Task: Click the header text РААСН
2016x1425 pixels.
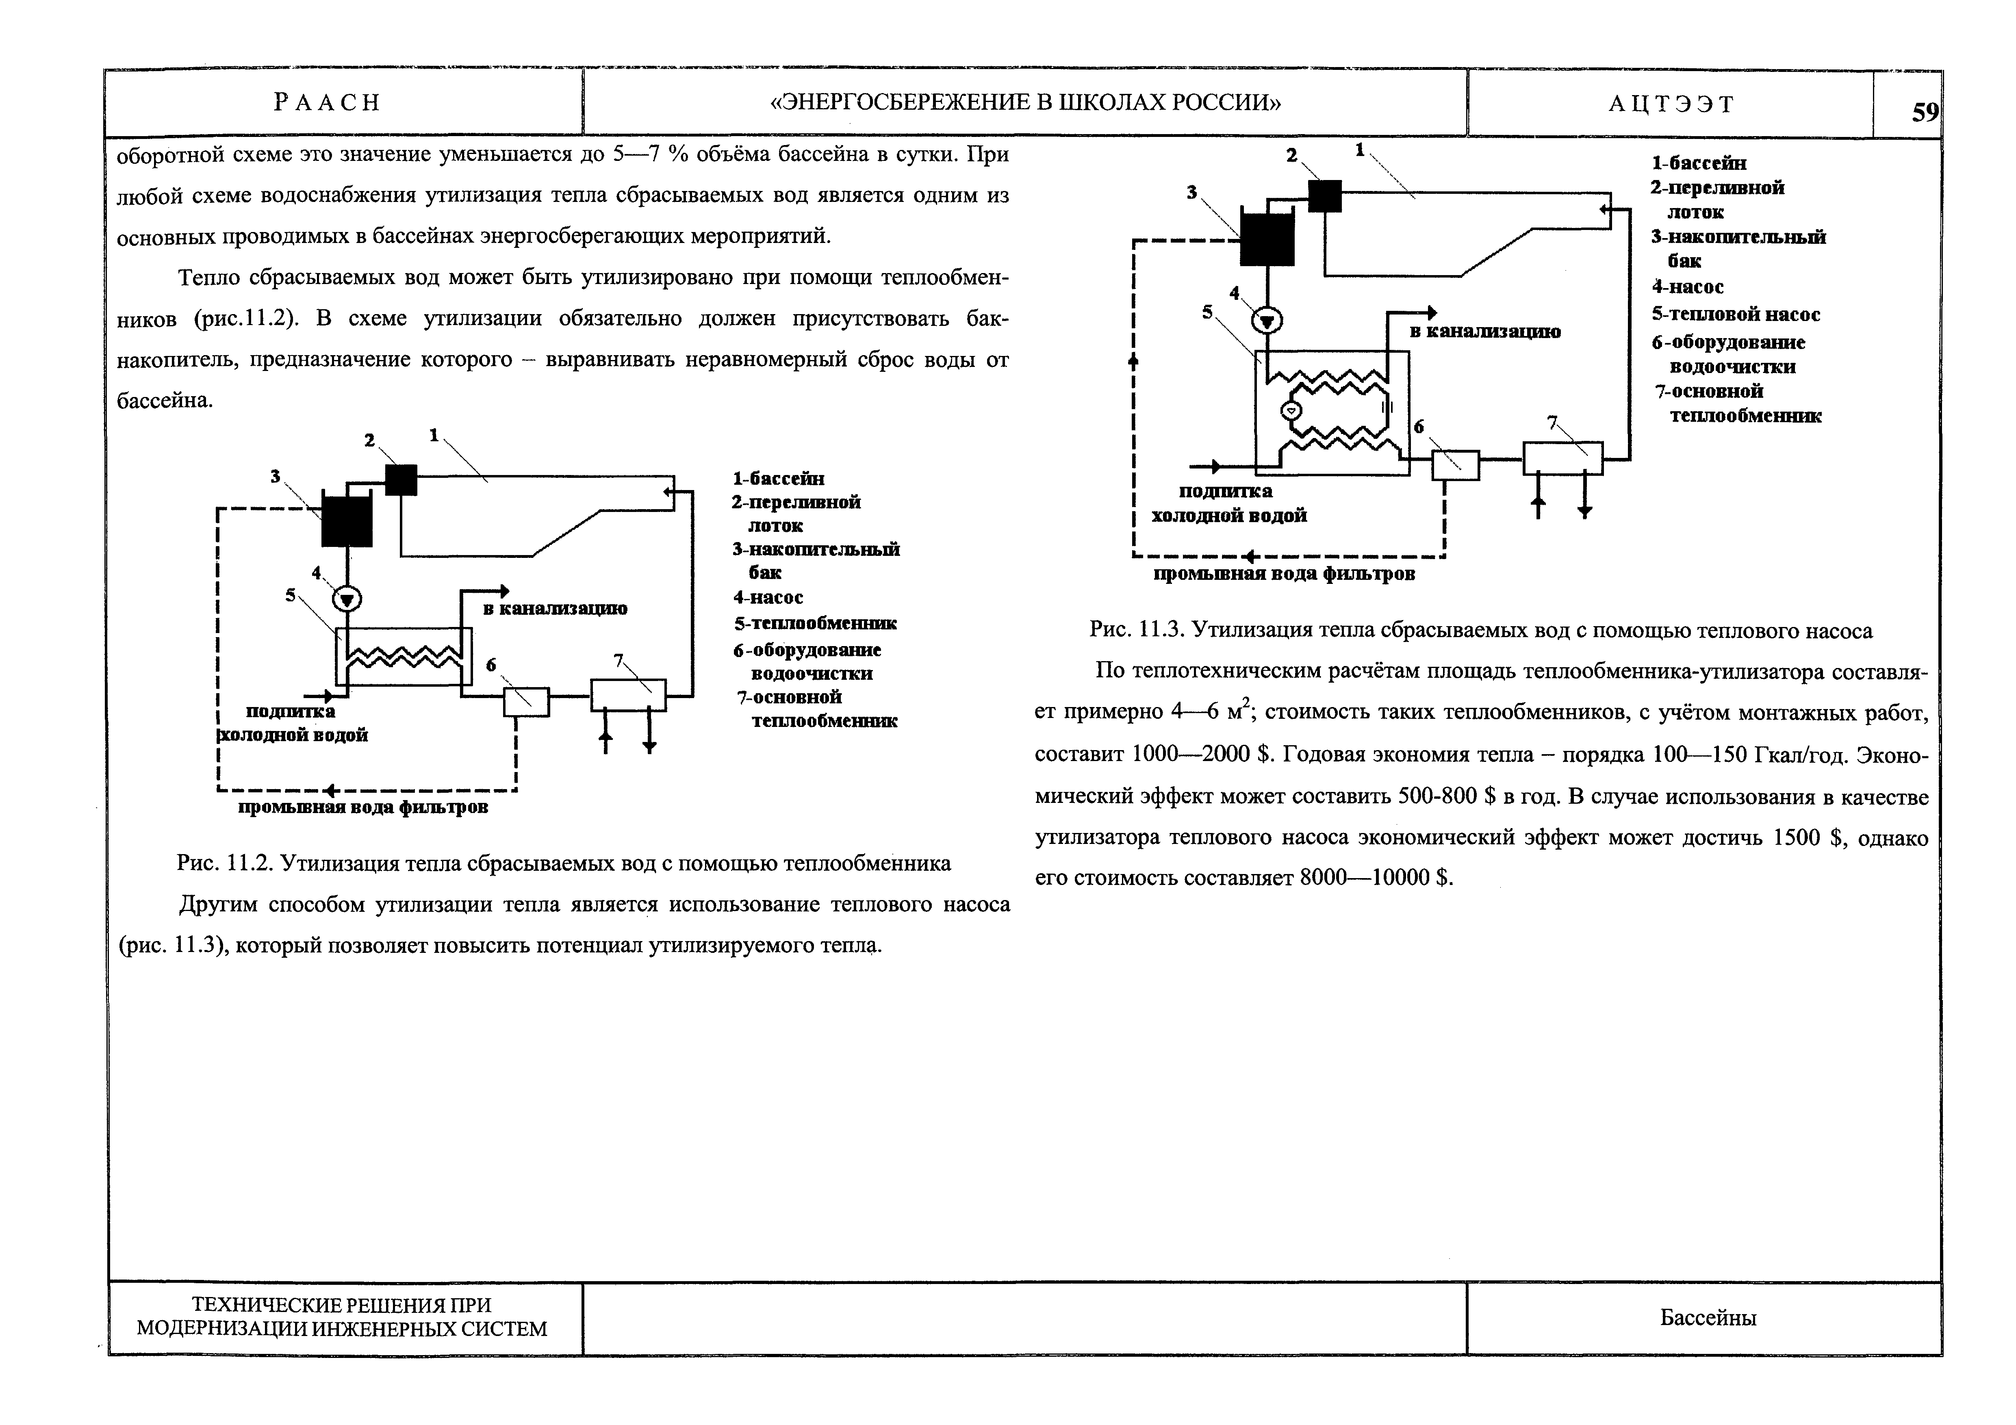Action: [x=327, y=103]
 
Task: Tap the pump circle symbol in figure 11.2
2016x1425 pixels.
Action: [x=348, y=600]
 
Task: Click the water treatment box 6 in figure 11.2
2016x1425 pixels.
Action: [x=525, y=701]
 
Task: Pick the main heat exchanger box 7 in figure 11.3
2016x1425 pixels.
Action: [x=1562, y=458]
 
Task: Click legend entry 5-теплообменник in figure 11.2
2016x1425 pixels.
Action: [x=815, y=623]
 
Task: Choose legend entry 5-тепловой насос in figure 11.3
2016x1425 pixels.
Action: [x=1735, y=314]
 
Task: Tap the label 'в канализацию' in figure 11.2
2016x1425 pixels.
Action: [x=555, y=608]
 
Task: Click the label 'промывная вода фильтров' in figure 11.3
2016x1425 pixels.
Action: [x=1284, y=574]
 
